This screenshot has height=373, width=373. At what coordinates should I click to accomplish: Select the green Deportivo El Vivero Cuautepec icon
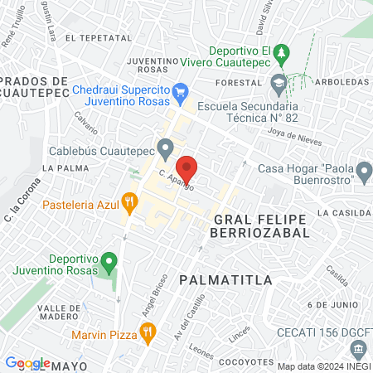pos(283,52)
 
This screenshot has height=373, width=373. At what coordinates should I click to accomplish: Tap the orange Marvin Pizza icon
pos(148,335)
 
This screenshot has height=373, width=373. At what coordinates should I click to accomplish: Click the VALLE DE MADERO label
pos(35,313)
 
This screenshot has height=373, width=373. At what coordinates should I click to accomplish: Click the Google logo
pos(27,363)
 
